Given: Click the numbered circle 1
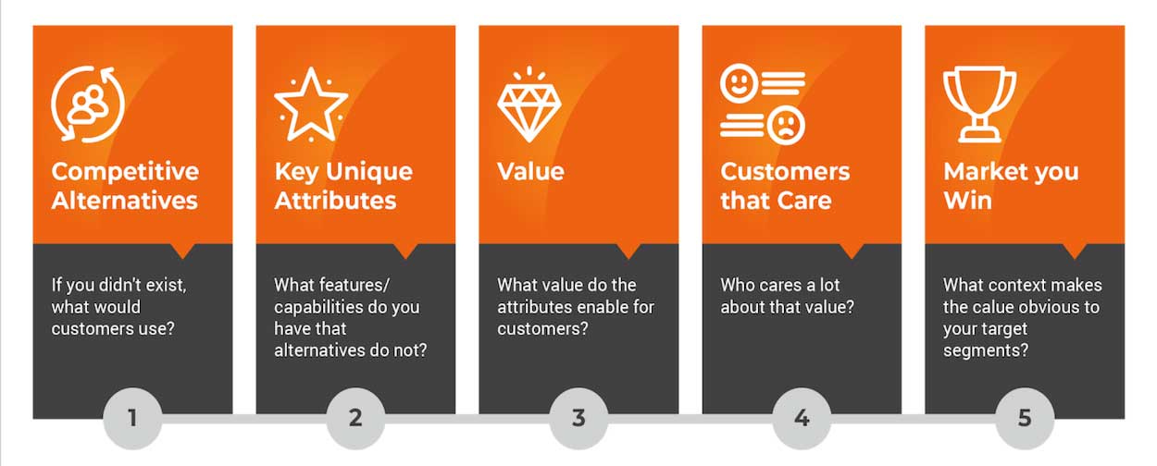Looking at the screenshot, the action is [x=132, y=418].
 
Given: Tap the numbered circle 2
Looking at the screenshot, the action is [x=355, y=418].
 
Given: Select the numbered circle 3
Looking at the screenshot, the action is [x=578, y=418].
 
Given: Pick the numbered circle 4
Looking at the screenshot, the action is [x=802, y=418].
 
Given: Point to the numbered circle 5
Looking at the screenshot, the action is [x=1025, y=418].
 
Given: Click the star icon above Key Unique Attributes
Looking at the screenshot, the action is [x=311, y=104].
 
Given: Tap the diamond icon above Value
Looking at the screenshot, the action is [x=529, y=104].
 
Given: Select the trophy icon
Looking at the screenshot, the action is [x=979, y=104].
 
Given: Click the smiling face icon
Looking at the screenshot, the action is [x=739, y=83].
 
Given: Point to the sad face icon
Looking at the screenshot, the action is [x=786, y=126].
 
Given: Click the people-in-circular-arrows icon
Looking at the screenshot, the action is [x=88, y=104].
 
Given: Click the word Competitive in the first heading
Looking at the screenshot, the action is [x=125, y=172].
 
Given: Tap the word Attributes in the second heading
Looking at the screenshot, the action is [x=335, y=201].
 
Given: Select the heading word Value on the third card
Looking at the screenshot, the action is [x=530, y=172].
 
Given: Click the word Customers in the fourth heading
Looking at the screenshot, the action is [x=785, y=172].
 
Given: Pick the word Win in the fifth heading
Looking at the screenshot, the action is [x=967, y=201].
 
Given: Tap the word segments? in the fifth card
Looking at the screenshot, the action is [x=986, y=351].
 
